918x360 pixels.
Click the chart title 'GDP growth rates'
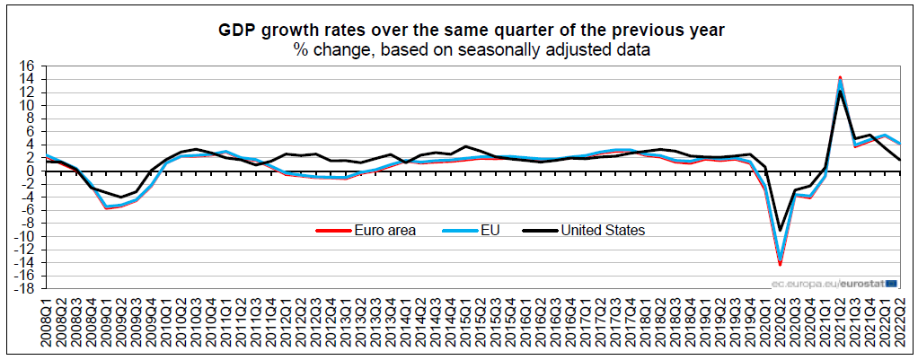click(472, 31)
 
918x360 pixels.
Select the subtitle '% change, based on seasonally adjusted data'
click(472, 50)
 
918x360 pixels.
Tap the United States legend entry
click(602, 231)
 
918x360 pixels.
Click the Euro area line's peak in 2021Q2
click(840, 77)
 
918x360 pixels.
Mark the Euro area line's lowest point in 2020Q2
click(780, 265)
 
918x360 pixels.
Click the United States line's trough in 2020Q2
click(780, 231)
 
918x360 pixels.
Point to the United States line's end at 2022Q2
click(900, 159)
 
